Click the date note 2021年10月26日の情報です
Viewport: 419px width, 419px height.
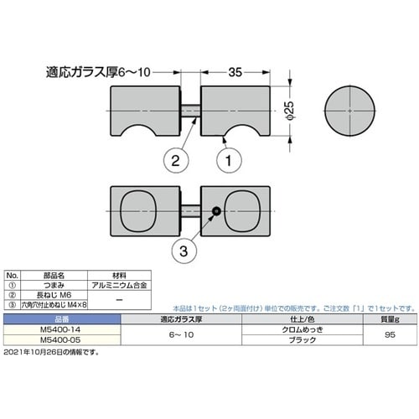point(50,353)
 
